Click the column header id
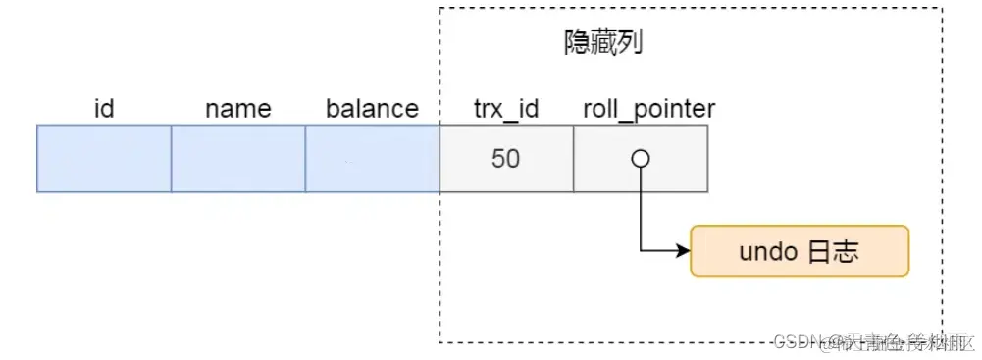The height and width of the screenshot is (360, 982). point(104,109)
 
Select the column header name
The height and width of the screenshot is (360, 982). point(238,109)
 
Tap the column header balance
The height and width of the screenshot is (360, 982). point(372,109)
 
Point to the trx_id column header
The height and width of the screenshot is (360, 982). point(505,109)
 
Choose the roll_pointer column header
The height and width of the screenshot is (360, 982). point(647,109)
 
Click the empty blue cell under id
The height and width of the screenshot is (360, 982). point(104,159)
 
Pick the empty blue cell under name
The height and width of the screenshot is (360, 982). point(238,159)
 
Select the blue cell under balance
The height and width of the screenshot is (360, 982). point(372,159)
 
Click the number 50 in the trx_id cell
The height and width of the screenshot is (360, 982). point(505,159)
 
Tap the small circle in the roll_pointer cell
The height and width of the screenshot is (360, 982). point(640,158)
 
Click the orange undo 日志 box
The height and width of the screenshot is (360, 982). point(800,250)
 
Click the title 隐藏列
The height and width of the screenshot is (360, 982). point(603,43)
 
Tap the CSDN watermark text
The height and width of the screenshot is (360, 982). point(873,341)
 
